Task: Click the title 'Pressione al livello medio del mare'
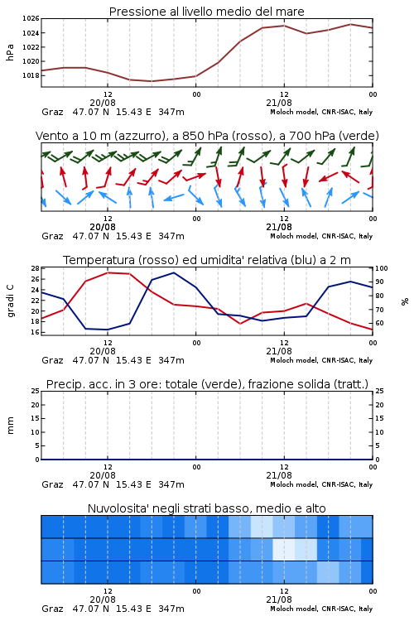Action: click(206, 12)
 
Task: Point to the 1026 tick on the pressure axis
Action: click(31, 18)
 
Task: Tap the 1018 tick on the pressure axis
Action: click(31, 75)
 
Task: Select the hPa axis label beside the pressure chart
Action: click(10, 52)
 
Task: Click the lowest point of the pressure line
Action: click(152, 81)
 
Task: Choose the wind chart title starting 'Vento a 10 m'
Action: click(207, 136)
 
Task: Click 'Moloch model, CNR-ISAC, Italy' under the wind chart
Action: click(321, 236)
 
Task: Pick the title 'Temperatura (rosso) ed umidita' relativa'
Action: click(207, 260)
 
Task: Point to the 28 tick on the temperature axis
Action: click(35, 268)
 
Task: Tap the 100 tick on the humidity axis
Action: click(382, 268)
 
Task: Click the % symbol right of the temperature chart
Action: click(405, 301)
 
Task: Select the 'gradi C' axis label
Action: click(10, 301)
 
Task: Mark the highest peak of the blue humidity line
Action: click(174, 272)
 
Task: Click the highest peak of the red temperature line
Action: click(108, 272)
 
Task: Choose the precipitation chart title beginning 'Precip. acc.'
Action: click(207, 384)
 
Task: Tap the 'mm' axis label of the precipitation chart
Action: click(10, 426)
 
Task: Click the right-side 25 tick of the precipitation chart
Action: click(379, 391)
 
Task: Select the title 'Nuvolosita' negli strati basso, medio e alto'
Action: click(206, 508)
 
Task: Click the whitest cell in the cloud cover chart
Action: click(284, 549)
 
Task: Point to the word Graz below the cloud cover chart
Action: click(52, 609)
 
